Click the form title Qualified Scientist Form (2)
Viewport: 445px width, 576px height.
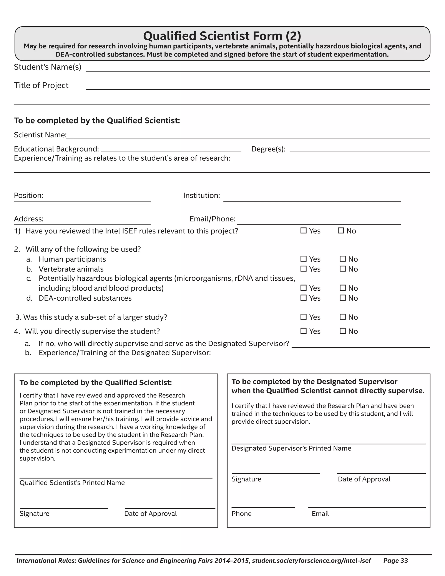222,36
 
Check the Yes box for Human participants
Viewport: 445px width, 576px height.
303,259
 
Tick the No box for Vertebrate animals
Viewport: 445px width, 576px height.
342,269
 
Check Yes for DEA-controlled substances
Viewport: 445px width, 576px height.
303,298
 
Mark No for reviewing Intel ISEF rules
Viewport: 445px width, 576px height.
341,230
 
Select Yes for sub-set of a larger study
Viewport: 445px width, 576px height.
303,317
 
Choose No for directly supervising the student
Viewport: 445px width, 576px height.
342,331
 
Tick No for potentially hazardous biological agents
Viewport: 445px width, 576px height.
342,288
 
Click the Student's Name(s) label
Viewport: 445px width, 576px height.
47,67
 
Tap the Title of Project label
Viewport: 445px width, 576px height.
41,85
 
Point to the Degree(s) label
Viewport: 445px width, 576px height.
268,149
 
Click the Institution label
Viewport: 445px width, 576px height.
201,195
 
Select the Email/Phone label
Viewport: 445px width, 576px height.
212,219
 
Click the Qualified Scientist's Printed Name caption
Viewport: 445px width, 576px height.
72,483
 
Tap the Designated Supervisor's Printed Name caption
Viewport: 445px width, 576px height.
291,448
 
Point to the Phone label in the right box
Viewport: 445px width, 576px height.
241,514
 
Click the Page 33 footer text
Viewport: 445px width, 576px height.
395,561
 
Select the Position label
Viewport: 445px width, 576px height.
28,195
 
